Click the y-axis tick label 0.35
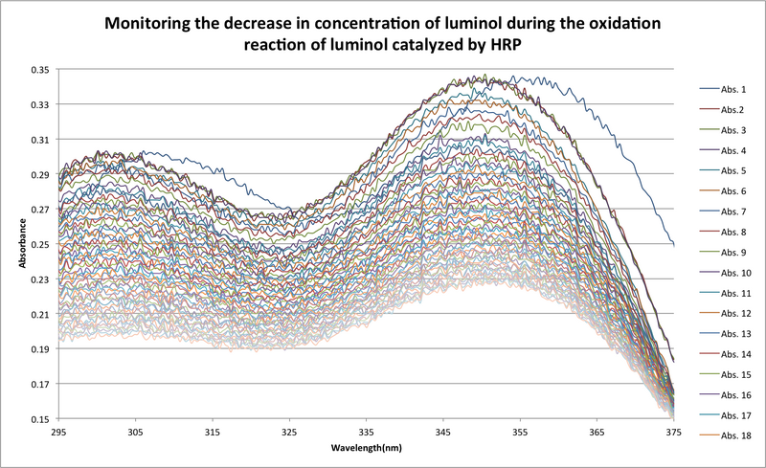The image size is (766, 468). coord(39,70)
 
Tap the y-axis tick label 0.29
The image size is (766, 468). coord(39,175)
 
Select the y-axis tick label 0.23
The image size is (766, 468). coord(39,279)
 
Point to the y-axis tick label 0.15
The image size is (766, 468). coord(39,419)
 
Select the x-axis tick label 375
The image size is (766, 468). coord(673,433)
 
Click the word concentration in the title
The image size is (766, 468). coord(336,21)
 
